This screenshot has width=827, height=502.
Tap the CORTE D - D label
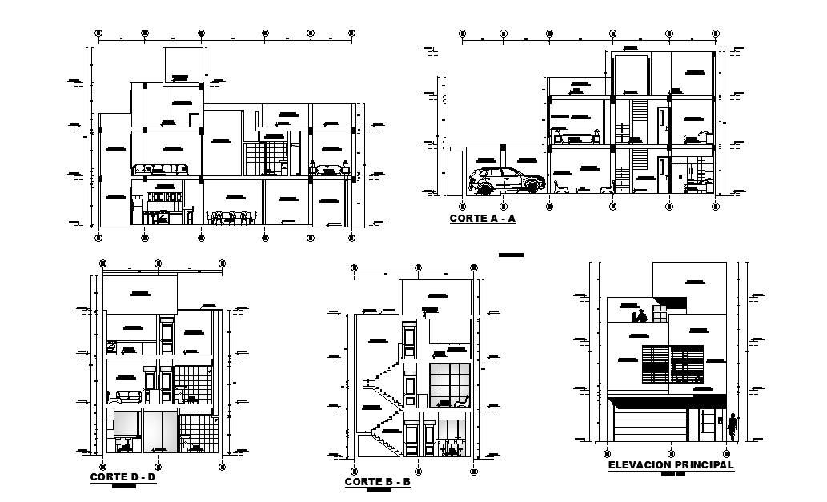pos(122,477)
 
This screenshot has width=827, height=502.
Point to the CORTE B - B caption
pos(377,481)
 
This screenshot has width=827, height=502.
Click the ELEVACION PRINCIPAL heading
pos(671,464)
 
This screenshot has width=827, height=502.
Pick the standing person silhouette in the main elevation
pos(732,430)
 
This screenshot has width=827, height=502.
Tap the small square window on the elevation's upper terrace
pos(660,314)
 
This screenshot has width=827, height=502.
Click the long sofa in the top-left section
pos(160,170)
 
